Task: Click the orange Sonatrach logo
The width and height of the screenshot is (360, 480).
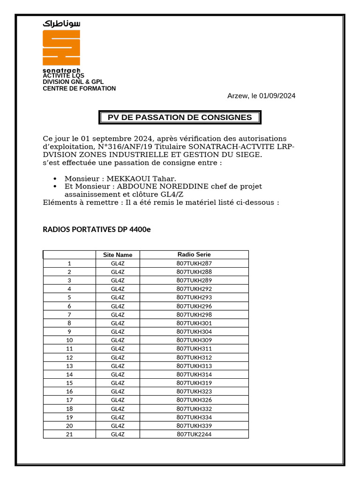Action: coord(61,48)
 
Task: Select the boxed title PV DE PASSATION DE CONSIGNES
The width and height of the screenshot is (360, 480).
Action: coord(180,117)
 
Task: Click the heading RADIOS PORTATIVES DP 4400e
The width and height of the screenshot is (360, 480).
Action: coord(97,229)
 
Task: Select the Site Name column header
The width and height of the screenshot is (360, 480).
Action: coord(118,255)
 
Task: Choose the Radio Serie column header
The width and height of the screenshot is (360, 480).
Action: coord(194,255)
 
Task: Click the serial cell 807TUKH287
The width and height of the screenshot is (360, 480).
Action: coord(194,263)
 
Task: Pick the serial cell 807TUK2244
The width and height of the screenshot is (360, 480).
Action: coord(194,434)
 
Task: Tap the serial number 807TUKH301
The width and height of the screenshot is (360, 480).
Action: coord(194,323)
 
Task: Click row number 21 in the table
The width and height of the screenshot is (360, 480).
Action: coord(69,434)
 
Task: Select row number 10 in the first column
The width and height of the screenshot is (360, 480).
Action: coord(69,340)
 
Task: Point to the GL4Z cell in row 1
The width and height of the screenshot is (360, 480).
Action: coord(118,263)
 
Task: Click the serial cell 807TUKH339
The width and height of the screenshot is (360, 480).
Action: coord(194,426)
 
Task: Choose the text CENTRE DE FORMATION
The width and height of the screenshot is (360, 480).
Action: coord(79,89)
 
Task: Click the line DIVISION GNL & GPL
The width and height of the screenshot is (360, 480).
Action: coord(73,82)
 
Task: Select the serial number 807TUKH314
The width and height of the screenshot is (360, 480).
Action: coord(194,375)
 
